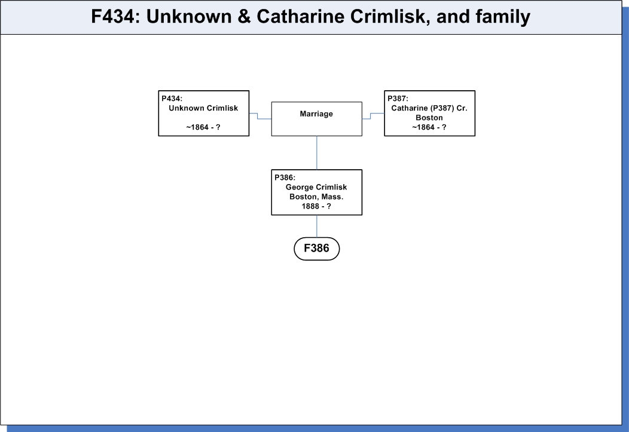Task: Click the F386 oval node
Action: click(316, 249)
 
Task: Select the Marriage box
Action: click(316, 119)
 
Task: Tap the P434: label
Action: click(172, 99)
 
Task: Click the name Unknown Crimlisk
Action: click(203, 108)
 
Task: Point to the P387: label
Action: click(398, 99)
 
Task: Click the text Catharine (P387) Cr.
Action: click(429, 108)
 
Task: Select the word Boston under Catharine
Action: click(429, 118)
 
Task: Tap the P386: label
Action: click(285, 177)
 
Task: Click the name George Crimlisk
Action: click(316, 187)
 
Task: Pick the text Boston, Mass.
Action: click(316, 197)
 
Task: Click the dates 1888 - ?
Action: click(316, 206)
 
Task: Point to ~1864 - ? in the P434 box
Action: click(203, 127)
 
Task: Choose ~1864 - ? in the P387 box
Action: click(429, 127)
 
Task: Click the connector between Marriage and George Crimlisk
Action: click(316, 153)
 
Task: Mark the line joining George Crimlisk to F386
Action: click(316, 226)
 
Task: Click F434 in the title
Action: click(113, 17)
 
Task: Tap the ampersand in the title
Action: click(244, 17)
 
